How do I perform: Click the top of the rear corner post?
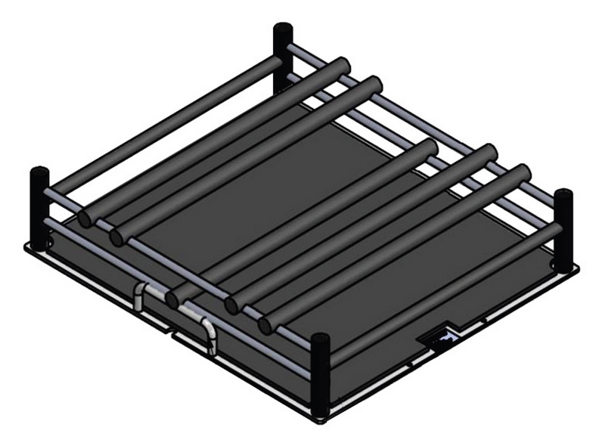coord(283,30)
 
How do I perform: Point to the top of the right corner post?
coord(563,196)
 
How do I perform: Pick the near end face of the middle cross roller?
coord(173,299)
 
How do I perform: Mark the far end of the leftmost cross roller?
coord(342,67)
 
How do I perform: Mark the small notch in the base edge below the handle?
coord(172,330)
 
